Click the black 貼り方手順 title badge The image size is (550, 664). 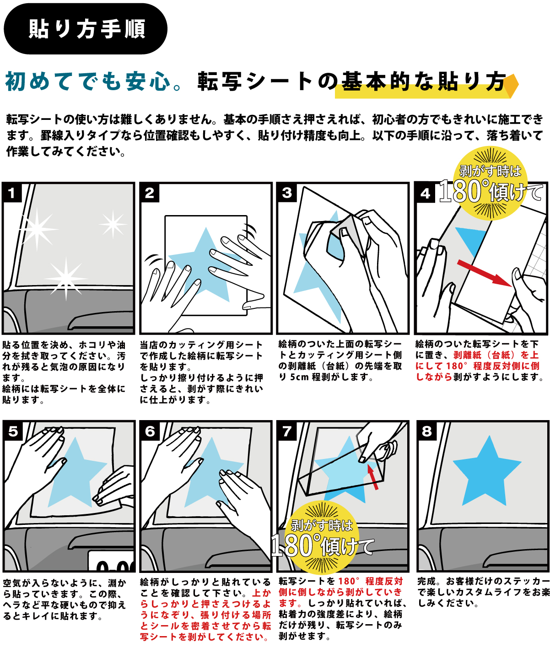pyautogui.click(x=86, y=29)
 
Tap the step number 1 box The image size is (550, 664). pyautogui.click(x=12, y=193)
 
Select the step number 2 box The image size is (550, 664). pyautogui.click(x=150, y=193)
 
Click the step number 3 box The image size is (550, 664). pyautogui.click(x=287, y=193)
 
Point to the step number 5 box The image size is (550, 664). pyautogui.click(x=13, y=432)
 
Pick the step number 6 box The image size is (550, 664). pyautogui.click(x=150, y=432)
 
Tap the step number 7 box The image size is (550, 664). pyautogui.click(x=287, y=432)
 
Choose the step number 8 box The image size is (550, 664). pyautogui.click(x=426, y=432)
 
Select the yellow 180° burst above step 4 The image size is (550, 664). pyautogui.click(x=490, y=184)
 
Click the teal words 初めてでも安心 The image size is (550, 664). pyautogui.click(x=88, y=82)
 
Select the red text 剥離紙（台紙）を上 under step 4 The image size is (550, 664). pyautogui.click(x=496, y=355)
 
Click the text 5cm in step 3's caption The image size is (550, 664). pyautogui.click(x=299, y=377)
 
